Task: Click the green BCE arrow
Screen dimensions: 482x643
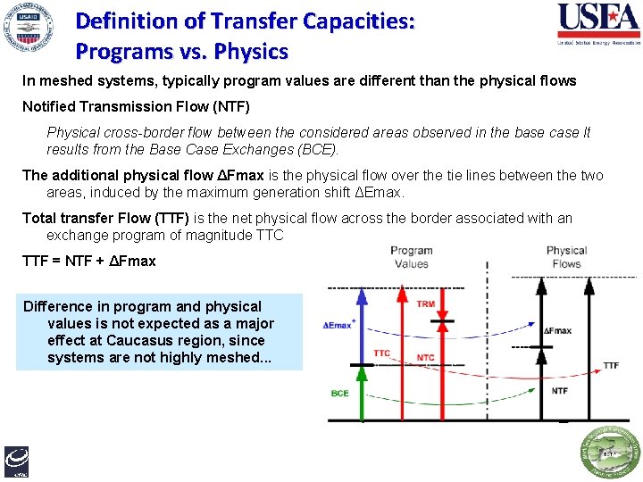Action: pyautogui.click(x=362, y=393)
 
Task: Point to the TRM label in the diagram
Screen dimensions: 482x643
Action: pyautogui.click(x=426, y=304)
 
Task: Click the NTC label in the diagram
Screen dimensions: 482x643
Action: pyautogui.click(x=426, y=358)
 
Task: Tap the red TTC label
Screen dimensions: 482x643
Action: pyautogui.click(x=381, y=353)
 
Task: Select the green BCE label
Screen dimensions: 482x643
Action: pyautogui.click(x=340, y=393)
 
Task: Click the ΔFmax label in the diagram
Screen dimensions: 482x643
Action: pyautogui.click(x=557, y=331)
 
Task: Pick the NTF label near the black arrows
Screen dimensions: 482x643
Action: pyautogui.click(x=560, y=391)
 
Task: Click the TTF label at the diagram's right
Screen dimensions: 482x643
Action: pyautogui.click(x=611, y=365)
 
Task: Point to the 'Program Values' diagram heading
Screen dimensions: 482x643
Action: pyautogui.click(x=411, y=257)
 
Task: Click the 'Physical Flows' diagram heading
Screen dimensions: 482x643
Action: pyautogui.click(x=566, y=257)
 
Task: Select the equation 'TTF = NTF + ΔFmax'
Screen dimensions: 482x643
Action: pyautogui.click(x=89, y=262)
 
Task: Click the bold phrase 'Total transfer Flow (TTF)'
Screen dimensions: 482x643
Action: pyautogui.click(x=105, y=219)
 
